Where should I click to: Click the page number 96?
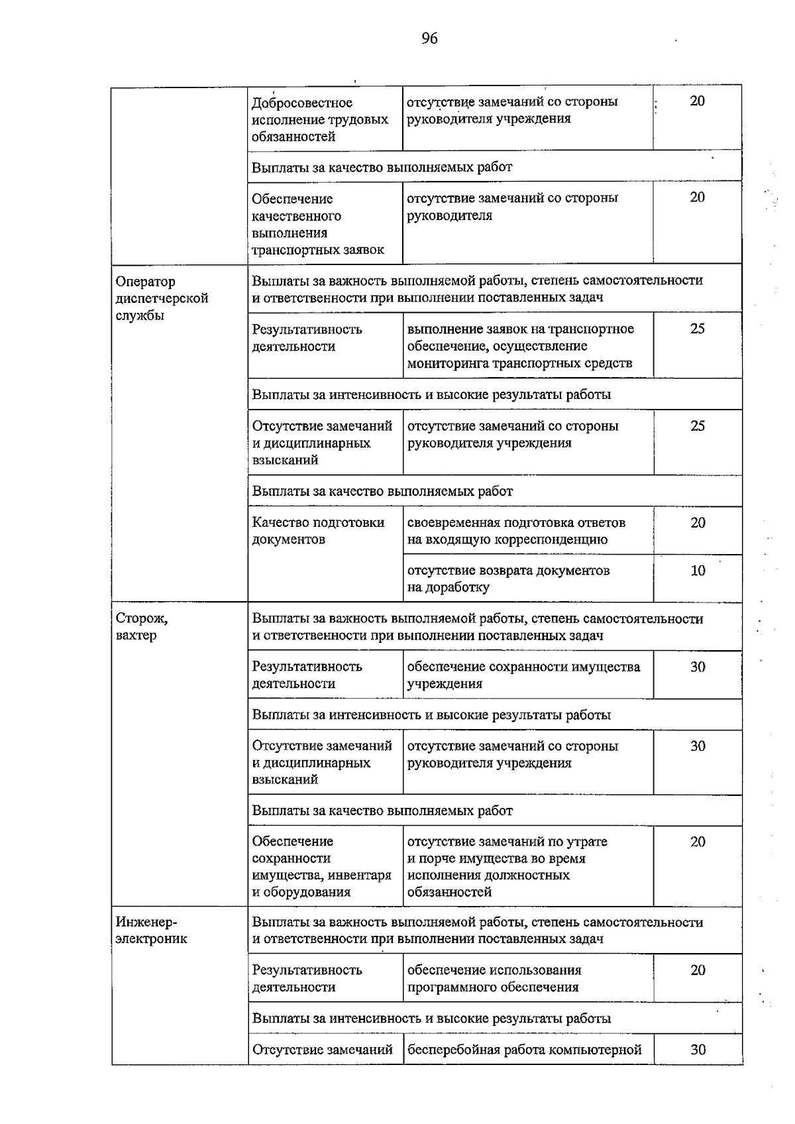[x=429, y=38]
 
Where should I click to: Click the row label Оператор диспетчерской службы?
[x=162, y=298]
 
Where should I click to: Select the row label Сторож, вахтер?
[x=142, y=626]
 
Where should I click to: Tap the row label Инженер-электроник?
[x=151, y=930]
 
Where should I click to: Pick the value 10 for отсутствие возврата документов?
[x=698, y=571]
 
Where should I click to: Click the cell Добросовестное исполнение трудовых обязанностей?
[x=320, y=119]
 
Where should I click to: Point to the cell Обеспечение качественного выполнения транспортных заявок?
[x=318, y=224]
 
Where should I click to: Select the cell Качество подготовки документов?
[x=318, y=531]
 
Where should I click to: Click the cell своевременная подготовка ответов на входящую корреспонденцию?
[x=517, y=531]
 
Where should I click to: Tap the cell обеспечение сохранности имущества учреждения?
[x=523, y=675]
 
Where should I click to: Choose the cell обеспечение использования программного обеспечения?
[x=494, y=978]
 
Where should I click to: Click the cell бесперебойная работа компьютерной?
[x=525, y=1049]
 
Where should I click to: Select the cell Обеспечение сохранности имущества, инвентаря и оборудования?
[x=321, y=866]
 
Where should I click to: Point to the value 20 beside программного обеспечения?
[x=698, y=970]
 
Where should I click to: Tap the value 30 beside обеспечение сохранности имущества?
[x=698, y=667]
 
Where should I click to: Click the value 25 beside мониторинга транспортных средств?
[x=698, y=329]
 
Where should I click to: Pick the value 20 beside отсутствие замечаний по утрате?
[x=698, y=842]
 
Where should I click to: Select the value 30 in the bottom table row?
[x=698, y=1049]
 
